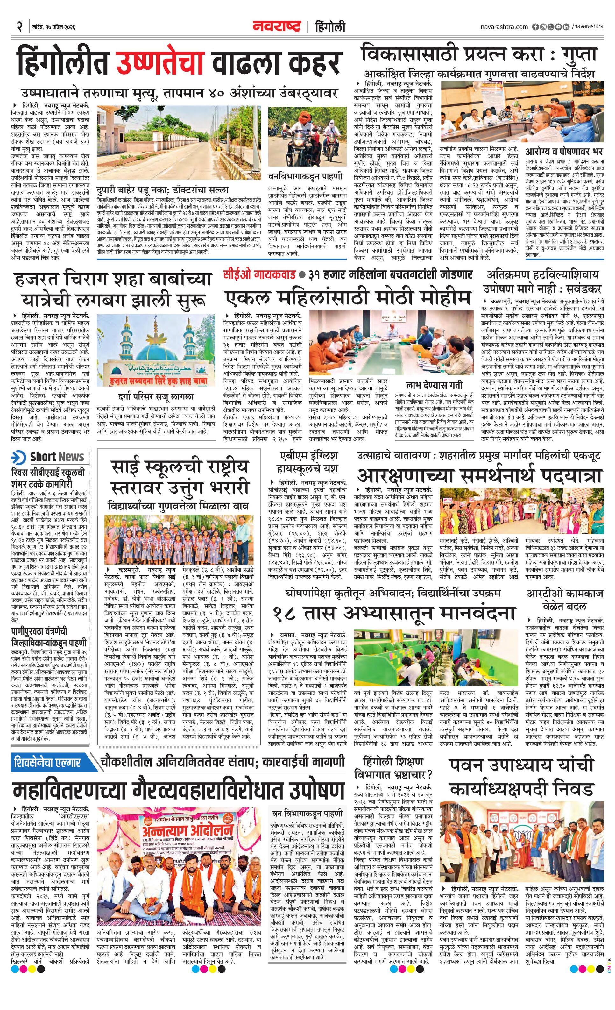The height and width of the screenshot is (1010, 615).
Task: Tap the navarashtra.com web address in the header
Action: click(504, 27)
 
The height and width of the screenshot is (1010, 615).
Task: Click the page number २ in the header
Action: click(19, 27)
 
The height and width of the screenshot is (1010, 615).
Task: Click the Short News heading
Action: click(57, 457)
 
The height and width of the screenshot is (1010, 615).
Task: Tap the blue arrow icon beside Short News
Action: click(19, 457)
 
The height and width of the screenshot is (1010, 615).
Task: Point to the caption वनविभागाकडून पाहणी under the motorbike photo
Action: click(305, 176)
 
